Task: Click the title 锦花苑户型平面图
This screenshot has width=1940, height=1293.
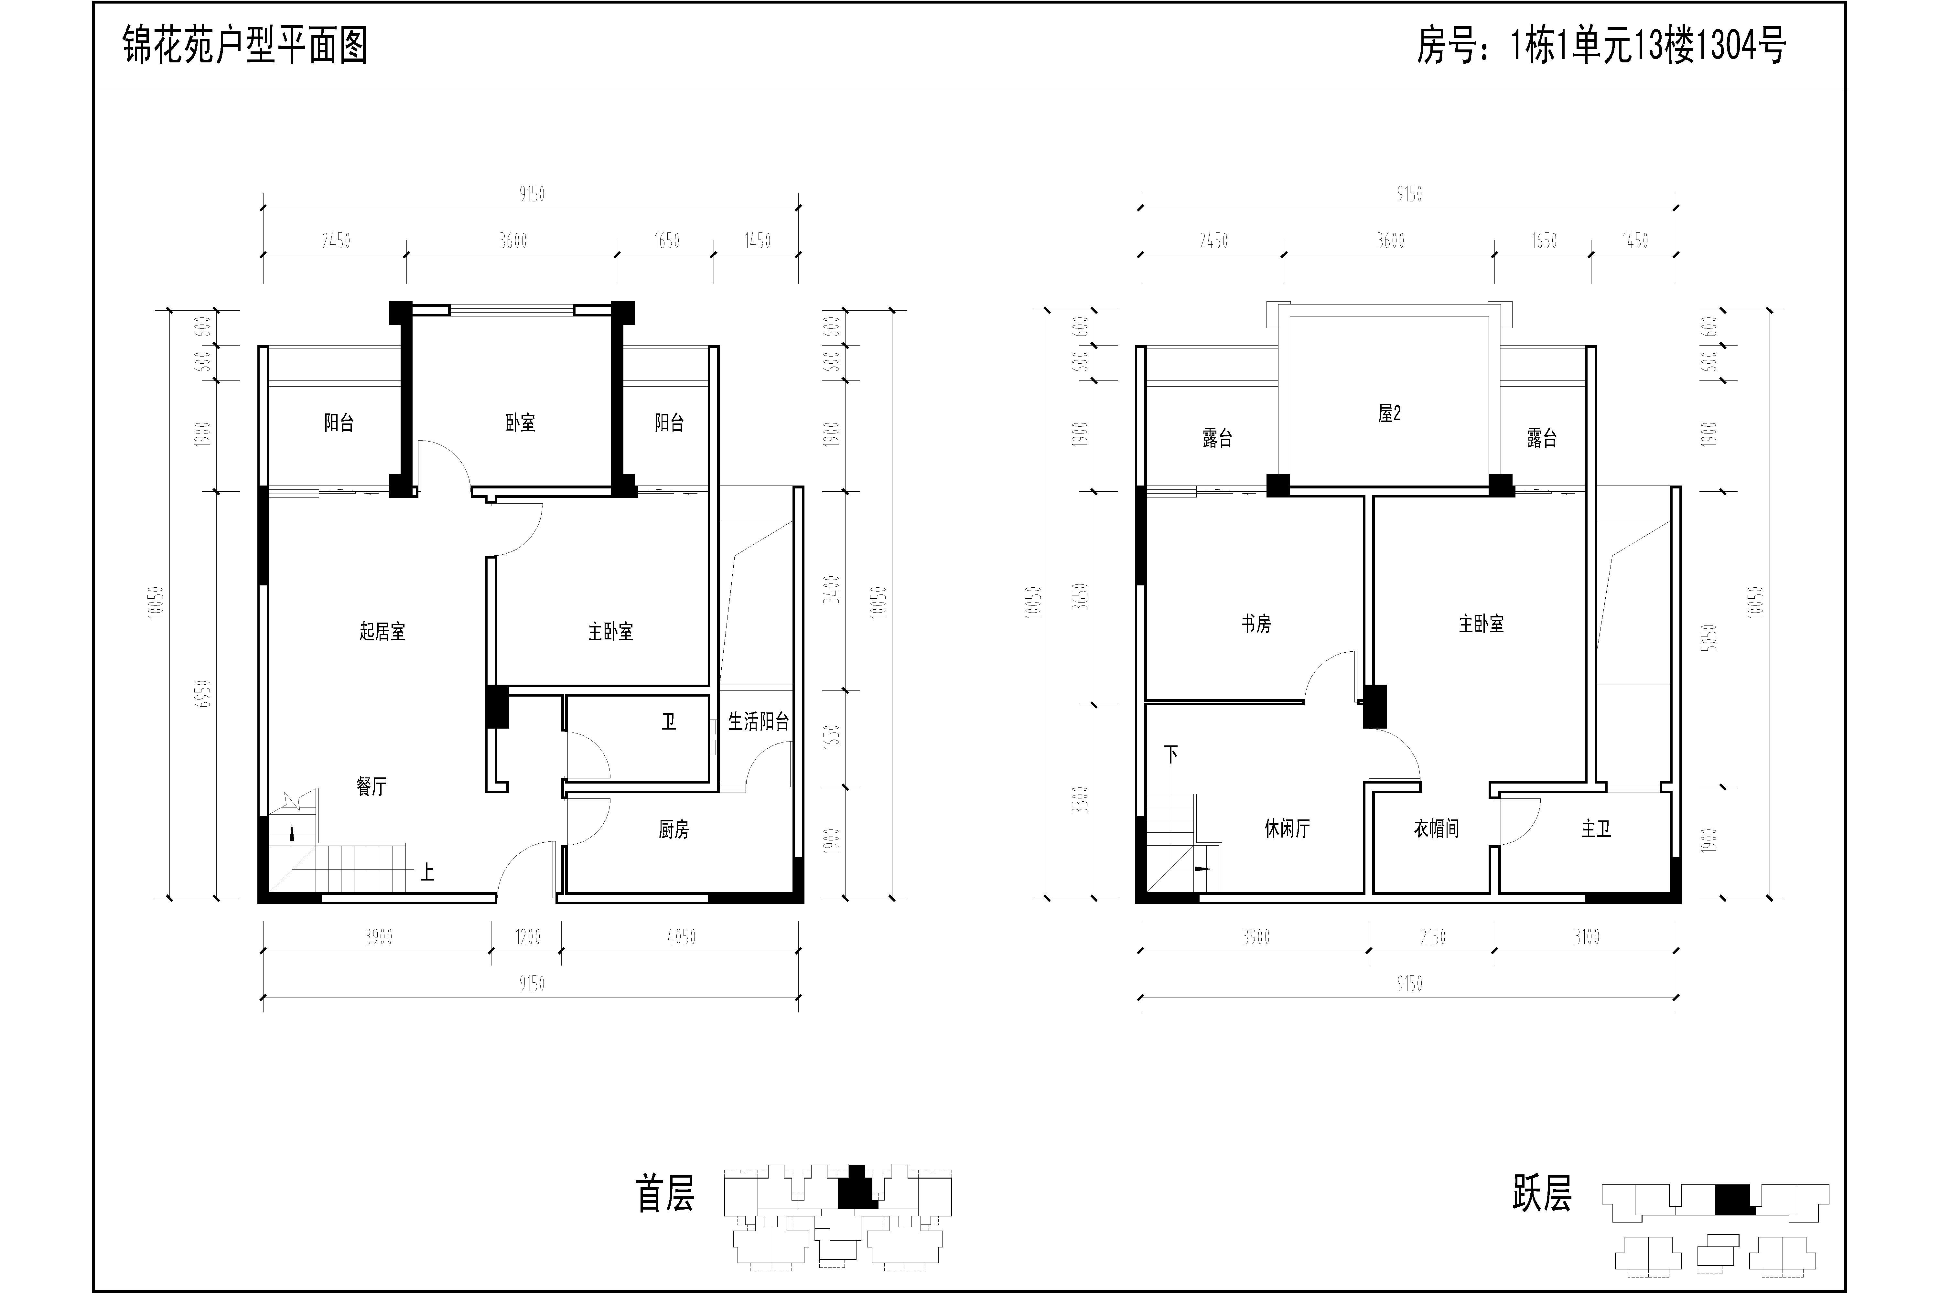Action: pyautogui.click(x=245, y=45)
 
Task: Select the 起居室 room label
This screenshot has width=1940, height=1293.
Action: pyautogui.click(x=383, y=632)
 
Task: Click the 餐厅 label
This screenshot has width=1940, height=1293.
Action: pyautogui.click(x=371, y=787)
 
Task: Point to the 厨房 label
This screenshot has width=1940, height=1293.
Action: pyautogui.click(x=674, y=829)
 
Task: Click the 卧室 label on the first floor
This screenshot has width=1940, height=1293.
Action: pyautogui.click(x=521, y=423)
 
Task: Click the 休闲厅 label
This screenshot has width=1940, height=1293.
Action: pyautogui.click(x=1288, y=829)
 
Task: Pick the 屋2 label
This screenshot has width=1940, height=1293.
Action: pyautogui.click(x=1390, y=413)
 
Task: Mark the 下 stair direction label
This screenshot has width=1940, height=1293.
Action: pyautogui.click(x=1171, y=754)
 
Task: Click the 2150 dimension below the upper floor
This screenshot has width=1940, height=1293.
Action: pyautogui.click(x=1433, y=937)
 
